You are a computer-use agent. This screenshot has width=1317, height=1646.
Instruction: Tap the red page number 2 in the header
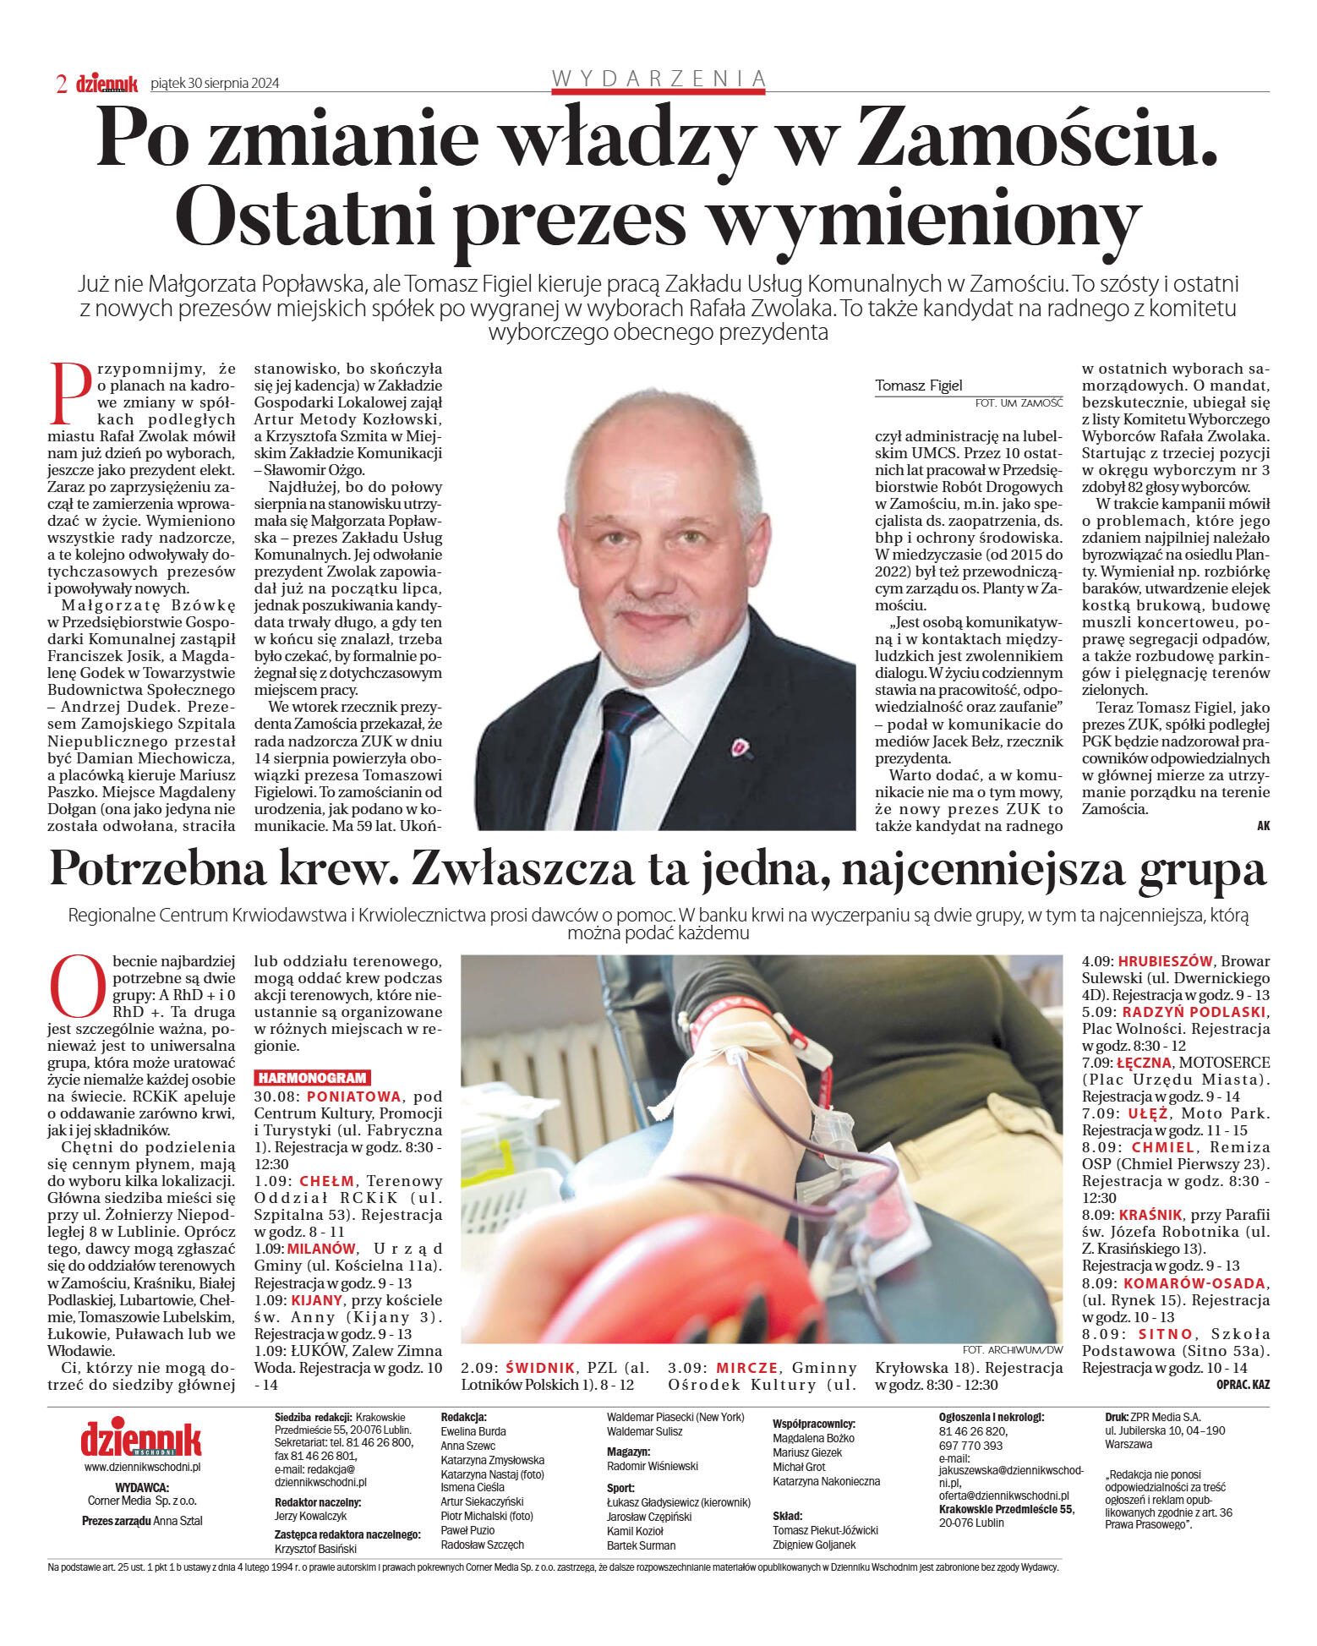click(61, 84)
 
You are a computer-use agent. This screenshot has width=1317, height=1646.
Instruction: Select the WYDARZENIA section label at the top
click(658, 79)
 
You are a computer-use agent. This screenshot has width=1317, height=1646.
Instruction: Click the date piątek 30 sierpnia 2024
click(215, 84)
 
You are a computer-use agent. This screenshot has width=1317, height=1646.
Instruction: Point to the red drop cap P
click(70, 394)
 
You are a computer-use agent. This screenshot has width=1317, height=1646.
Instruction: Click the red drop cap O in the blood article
click(78, 987)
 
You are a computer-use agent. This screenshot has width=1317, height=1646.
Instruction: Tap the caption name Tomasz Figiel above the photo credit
click(918, 386)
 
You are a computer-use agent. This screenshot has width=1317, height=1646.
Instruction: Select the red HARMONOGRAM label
click(312, 1078)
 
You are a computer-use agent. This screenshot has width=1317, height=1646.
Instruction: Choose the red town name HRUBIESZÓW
click(1165, 961)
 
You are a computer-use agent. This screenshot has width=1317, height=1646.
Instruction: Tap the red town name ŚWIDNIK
click(540, 1368)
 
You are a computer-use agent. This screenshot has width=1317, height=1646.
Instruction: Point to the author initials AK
click(1263, 826)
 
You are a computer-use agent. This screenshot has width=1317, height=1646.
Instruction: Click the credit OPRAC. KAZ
click(1243, 1385)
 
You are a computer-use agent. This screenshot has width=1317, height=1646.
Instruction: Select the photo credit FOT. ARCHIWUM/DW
click(1012, 1350)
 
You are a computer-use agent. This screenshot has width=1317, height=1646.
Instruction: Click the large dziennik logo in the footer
click(141, 1439)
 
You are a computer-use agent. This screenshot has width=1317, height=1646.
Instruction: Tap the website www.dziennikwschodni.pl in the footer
click(142, 1467)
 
